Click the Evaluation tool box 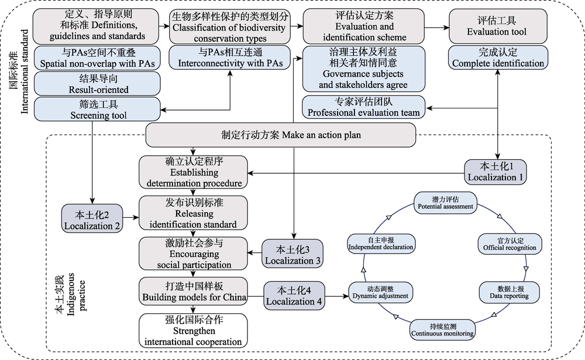click(498, 26)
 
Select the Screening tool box click(97, 109)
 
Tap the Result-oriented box click(97, 84)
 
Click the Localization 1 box click(495, 172)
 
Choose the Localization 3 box click(292, 253)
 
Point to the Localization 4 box click(294, 296)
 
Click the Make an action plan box click(281, 135)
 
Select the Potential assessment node click(445, 203)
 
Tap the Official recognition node click(510, 244)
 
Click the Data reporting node click(510, 293)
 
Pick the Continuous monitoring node click(442, 330)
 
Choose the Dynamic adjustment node click(381, 293)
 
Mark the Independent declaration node click(381, 244)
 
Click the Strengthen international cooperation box click(193, 331)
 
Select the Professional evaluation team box click(363, 107)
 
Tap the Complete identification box click(498, 57)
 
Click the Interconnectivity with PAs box click(230, 57)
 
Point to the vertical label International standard click(19, 71)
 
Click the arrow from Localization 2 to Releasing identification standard click(130, 217)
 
